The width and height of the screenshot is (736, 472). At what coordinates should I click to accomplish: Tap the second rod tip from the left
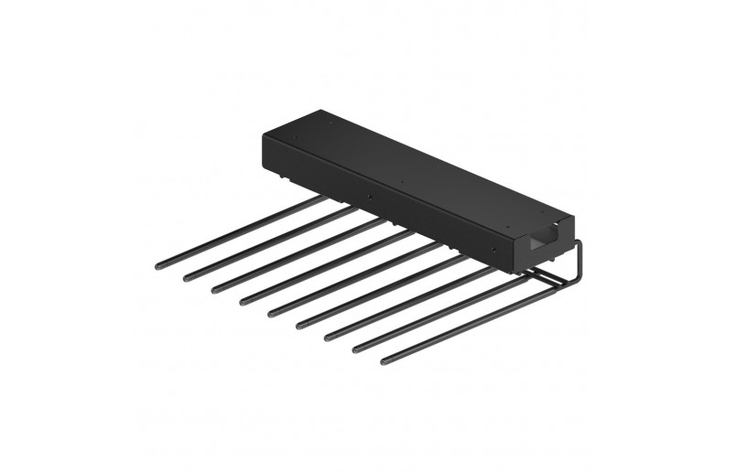pyautogui.click(x=188, y=277)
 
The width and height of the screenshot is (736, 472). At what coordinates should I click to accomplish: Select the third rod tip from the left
pyautogui.click(x=216, y=289)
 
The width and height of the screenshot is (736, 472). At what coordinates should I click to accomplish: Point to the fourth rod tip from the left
pyautogui.click(x=244, y=301)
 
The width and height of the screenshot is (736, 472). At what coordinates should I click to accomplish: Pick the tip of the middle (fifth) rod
pyautogui.click(x=273, y=313)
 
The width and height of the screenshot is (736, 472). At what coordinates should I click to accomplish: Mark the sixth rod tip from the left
pyautogui.click(x=300, y=325)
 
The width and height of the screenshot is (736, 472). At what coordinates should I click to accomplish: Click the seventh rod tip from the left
pyautogui.click(x=329, y=337)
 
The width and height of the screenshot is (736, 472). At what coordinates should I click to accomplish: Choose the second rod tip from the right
pyautogui.click(x=357, y=349)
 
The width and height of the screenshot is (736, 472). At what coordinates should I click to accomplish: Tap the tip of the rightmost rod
pyautogui.click(x=385, y=360)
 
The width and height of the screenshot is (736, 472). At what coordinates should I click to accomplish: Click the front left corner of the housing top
pyautogui.click(x=264, y=134)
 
